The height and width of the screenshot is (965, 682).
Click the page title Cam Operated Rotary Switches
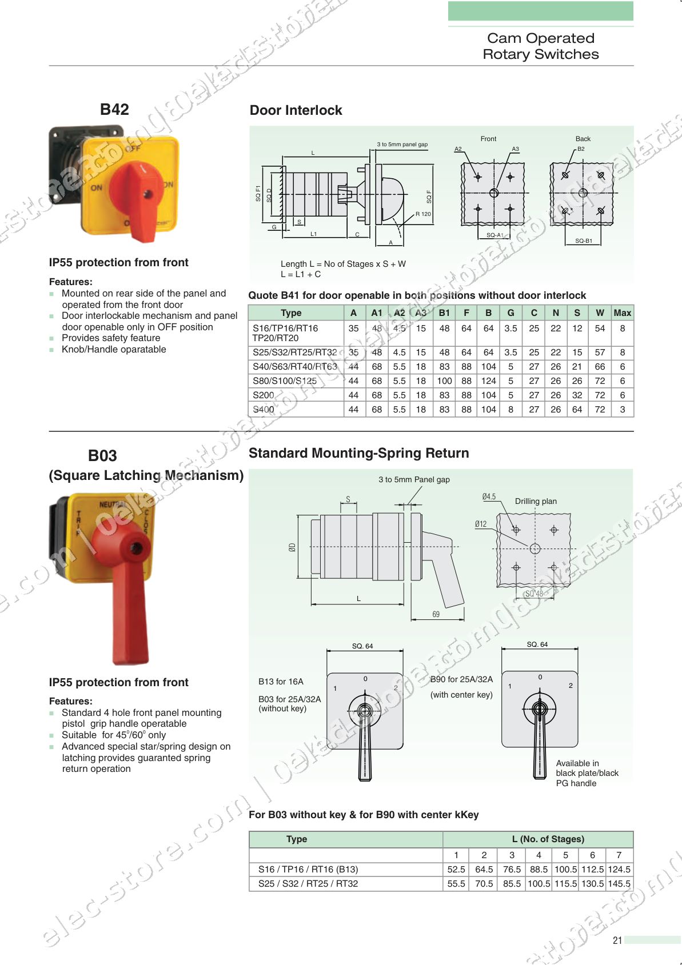click(x=540, y=46)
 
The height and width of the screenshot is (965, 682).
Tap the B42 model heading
click(x=114, y=109)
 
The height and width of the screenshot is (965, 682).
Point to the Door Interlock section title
click(x=296, y=110)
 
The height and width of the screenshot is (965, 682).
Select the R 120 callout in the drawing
click(x=423, y=214)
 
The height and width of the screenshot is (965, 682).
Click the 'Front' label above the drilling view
click(x=488, y=139)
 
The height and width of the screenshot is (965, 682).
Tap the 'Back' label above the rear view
click(x=583, y=139)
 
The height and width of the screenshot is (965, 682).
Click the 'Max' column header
click(x=622, y=313)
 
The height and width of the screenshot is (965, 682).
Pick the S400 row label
click(x=264, y=410)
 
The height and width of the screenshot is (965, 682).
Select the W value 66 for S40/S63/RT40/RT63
click(x=600, y=367)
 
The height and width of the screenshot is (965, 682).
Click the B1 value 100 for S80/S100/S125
click(x=444, y=381)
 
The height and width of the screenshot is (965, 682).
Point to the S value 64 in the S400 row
click(x=577, y=410)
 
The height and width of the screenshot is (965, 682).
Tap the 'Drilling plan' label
click(x=536, y=501)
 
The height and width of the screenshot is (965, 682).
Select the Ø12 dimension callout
click(x=481, y=524)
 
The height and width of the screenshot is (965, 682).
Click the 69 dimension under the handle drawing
click(x=436, y=614)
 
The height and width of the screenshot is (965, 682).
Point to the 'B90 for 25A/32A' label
click(x=461, y=679)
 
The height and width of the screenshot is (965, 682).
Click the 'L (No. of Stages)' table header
click(x=548, y=839)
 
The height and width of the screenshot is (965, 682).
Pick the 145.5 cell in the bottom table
click(x=619, y=883)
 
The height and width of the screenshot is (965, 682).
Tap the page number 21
click(x=617, y=940)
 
